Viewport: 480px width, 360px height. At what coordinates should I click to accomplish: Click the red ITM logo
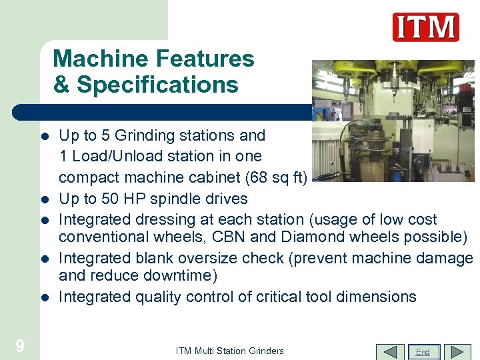tap(425, 27)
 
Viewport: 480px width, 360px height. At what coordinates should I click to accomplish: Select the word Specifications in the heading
tap(157, 85)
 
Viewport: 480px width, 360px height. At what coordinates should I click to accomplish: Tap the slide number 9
tap(20, 345)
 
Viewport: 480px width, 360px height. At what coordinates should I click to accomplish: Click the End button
tap(423, 352)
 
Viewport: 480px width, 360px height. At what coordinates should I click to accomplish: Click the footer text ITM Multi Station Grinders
tap(230, 351)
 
